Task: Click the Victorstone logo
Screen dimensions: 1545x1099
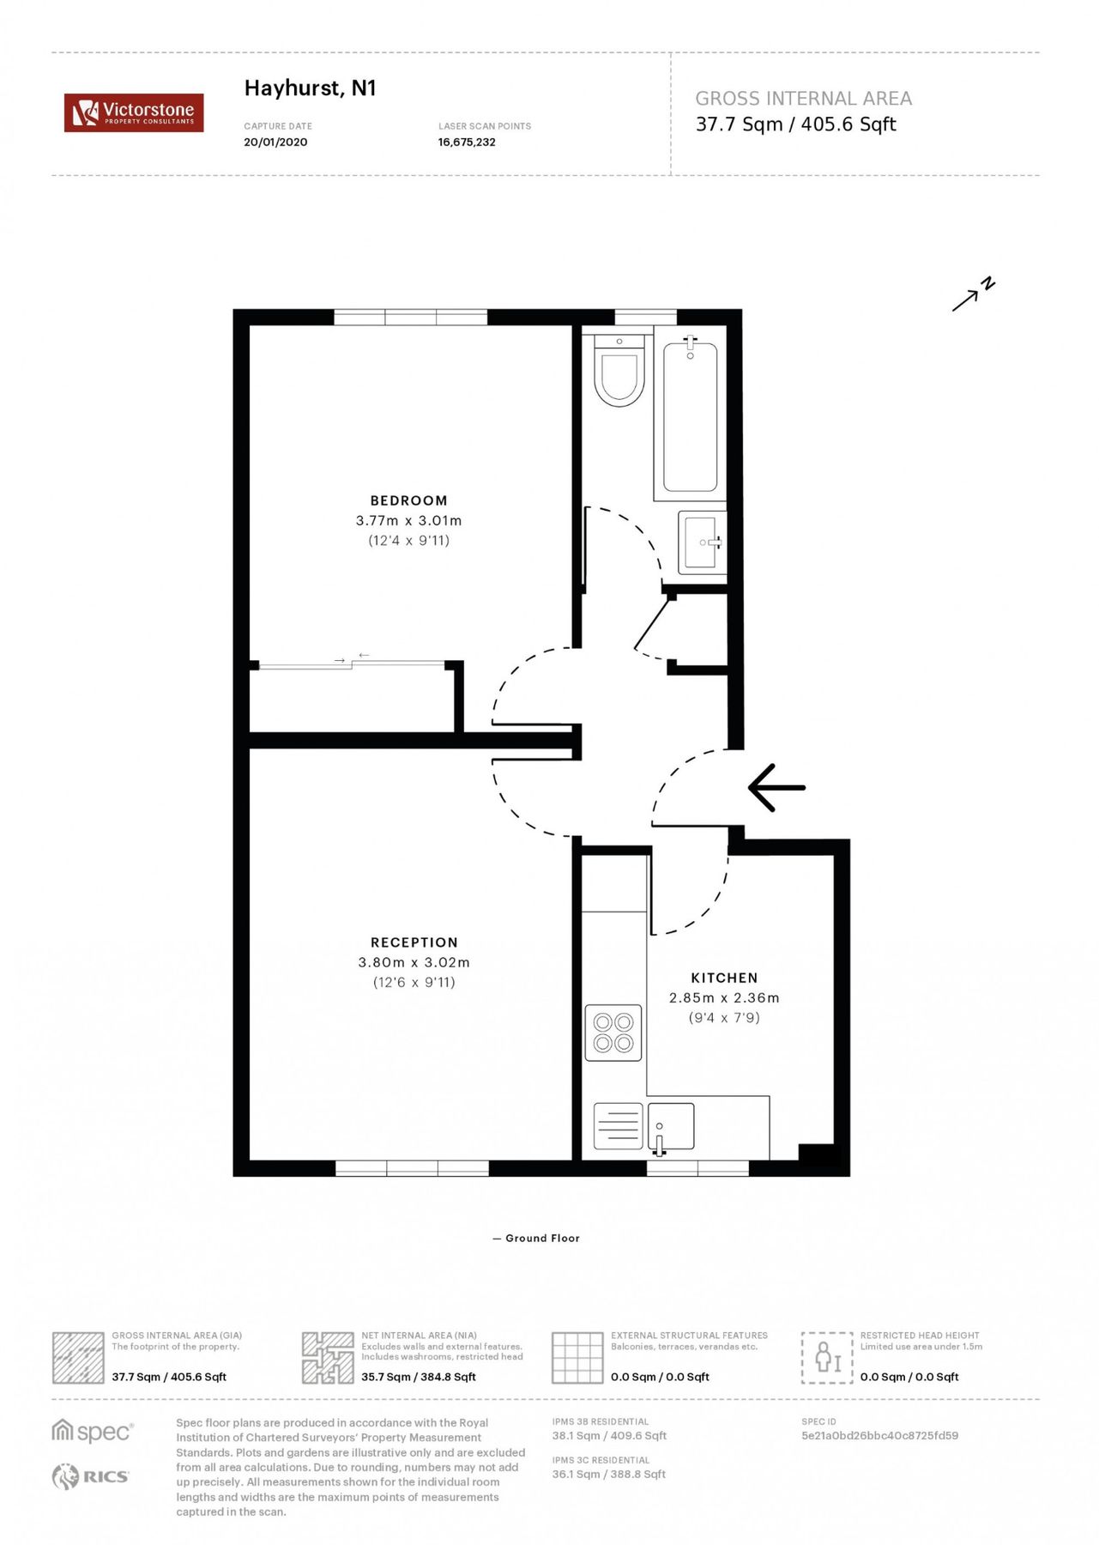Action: (134, 112)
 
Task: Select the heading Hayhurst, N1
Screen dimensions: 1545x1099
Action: (310, 88)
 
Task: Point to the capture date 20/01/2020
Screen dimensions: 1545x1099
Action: (275, 142)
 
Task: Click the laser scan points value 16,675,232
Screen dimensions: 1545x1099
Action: (467, 142)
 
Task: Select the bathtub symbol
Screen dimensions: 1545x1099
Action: (690, 417)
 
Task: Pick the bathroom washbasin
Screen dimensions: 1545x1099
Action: (702, 542)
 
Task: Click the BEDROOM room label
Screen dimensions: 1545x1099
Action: (408, 500)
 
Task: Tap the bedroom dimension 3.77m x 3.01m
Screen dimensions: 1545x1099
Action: (408, 521)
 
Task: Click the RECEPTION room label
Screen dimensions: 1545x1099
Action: (414, 942)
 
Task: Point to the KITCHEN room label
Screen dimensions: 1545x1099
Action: (724, 978)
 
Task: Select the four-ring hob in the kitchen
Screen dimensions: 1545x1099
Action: (613, 1033)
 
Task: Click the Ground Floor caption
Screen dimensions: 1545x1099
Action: (541, 1238)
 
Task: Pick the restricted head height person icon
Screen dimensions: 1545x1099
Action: (827, 1357)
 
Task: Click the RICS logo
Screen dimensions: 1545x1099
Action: (90, 1476)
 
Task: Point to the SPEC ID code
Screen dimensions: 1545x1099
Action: (879, 1435)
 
